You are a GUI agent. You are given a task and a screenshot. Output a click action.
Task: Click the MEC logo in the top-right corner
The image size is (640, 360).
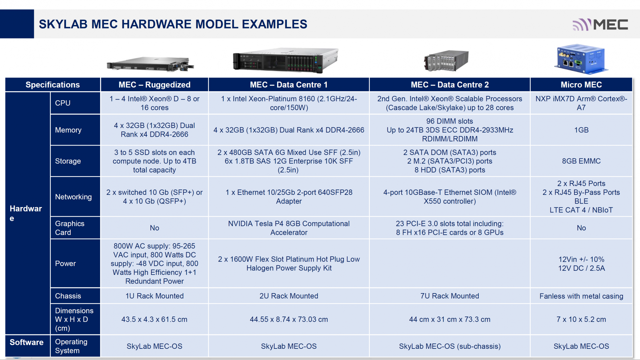click(x=600, y=25)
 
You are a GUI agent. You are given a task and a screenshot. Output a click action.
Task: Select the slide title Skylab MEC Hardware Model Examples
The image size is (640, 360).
click(x=173, y=24)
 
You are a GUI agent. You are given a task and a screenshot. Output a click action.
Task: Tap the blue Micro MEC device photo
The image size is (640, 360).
click(x=581, y=59)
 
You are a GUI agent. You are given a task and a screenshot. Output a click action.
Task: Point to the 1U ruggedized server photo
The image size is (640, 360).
click(x=150, y=64)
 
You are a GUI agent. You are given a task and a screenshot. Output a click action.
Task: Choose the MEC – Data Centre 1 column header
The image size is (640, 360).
click(x=289, y=85)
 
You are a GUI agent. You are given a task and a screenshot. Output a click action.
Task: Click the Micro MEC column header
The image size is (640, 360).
click(x=581, y=85)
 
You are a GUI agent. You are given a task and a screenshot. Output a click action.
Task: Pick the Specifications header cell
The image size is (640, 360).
click(x=53, y=85)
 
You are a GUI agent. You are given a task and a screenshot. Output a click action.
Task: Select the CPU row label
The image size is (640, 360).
click(x=75, y=103)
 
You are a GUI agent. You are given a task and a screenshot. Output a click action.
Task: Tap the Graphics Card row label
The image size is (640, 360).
click(x=75, y=228)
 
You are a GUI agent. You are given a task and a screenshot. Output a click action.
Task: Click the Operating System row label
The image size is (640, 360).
click(x=75, y=346)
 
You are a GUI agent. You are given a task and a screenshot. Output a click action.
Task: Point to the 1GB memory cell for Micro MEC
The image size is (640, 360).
click(x=581, y=130)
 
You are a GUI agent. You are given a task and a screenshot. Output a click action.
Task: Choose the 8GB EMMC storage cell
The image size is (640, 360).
click(x=581, y=161)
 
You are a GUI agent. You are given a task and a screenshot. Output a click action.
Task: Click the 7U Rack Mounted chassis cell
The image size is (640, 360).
click(x=450, y=296)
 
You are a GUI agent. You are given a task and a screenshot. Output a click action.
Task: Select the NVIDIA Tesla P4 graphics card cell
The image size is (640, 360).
click(x=289, y=228)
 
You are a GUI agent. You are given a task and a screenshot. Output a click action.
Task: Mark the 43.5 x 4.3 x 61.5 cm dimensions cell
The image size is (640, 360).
click(x=154, y=319)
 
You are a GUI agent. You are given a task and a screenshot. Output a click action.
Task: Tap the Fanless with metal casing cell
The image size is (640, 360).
click(x=581, y=296)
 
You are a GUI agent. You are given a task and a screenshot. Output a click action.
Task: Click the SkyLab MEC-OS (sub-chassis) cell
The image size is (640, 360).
click(x=450, y=346)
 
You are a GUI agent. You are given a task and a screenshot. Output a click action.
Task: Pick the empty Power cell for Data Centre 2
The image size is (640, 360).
click(x=450, y=263)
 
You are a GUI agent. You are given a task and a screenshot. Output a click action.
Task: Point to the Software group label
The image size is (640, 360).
click(x=27, y=342)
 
